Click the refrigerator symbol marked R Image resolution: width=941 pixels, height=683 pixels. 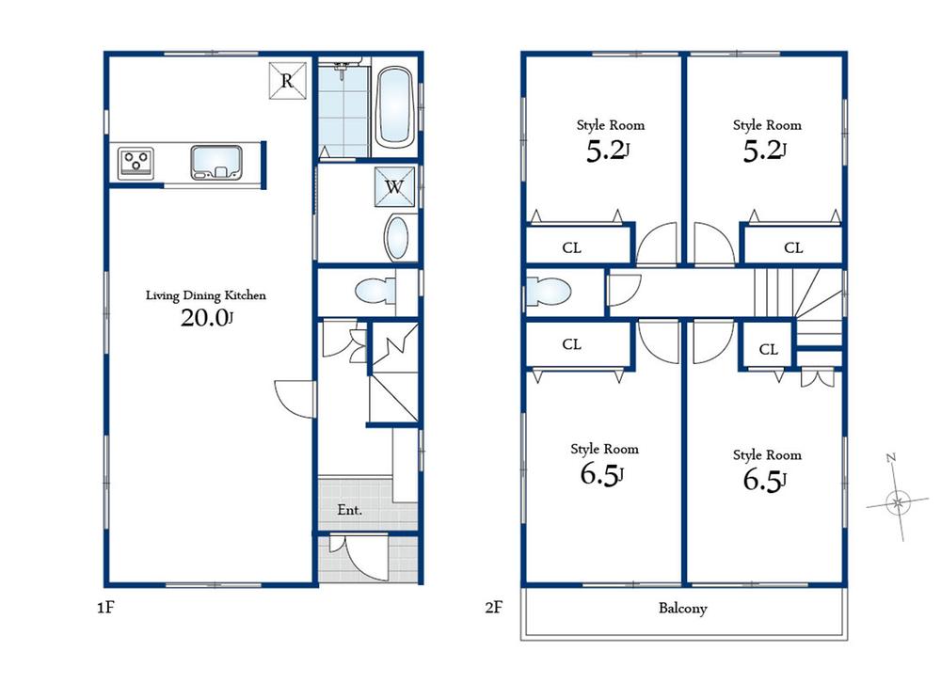pos(288,80)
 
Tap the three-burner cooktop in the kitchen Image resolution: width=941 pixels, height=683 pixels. pos(136,162)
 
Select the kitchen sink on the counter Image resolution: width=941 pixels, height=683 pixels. pos(216,161)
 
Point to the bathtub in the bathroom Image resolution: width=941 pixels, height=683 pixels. pos(395,108)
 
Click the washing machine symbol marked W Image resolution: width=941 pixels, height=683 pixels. pos(393,186)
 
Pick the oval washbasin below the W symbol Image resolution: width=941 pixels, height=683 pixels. pos(398,238)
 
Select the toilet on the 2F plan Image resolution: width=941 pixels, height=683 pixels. pos(547,292)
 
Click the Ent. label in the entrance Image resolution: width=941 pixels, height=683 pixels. pos(351,511)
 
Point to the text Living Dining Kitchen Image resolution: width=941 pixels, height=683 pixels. pos(205,295)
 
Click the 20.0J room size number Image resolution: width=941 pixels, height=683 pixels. pos(206,318)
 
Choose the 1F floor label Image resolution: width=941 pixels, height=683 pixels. pos(104,608)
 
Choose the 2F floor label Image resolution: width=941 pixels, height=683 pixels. pos(493,608)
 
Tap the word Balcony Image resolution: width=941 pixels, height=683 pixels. pos(682,609)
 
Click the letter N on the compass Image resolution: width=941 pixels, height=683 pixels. pos(890,458)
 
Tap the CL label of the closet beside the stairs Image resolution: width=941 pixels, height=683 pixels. pos(768,350)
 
